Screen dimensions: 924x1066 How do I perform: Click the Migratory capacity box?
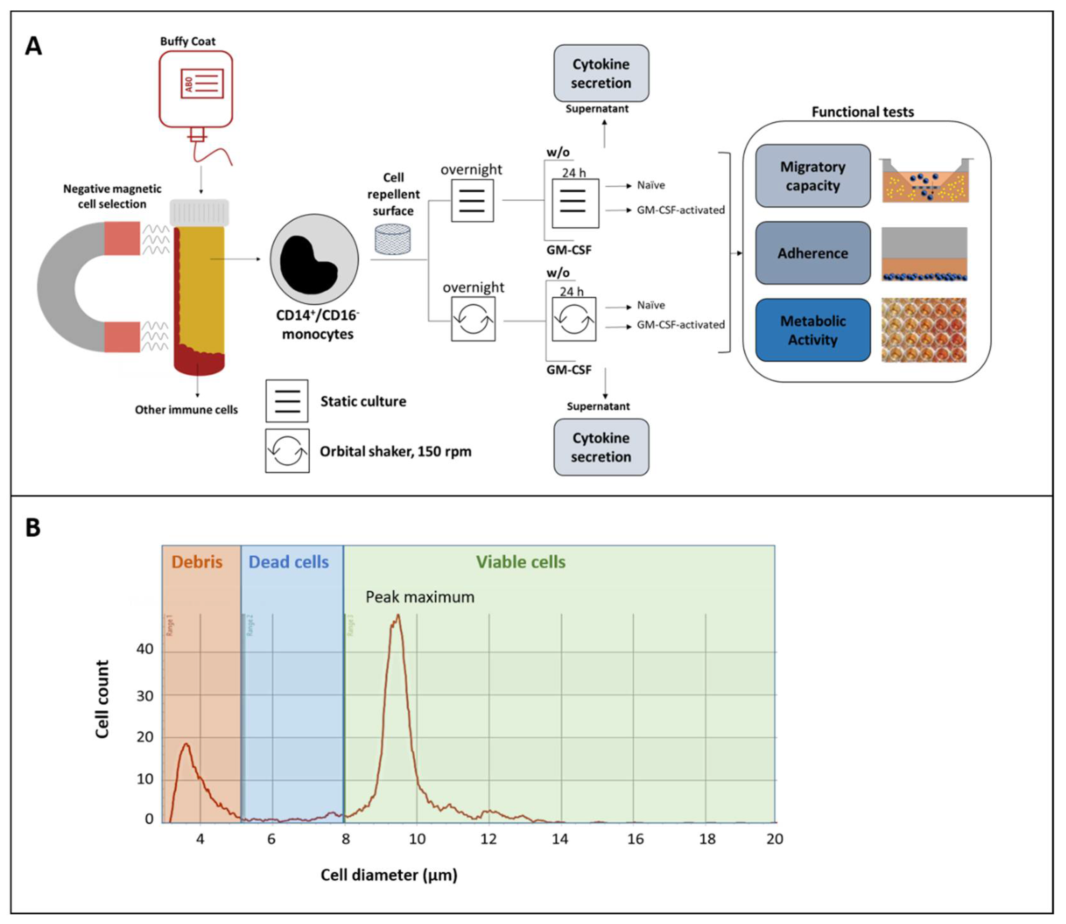[812, 176]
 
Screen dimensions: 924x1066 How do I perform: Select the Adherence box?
[812, 253]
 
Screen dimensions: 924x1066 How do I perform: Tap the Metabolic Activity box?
[812, 330]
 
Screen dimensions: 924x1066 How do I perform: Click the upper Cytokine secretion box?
[601, 73]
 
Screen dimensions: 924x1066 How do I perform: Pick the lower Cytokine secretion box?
[601, 447]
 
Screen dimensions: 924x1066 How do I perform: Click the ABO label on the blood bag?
[189, 84]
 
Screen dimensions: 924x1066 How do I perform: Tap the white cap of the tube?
[199, 212]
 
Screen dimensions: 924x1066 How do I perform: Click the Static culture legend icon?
[287, 401]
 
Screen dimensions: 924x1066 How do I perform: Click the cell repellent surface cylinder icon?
[393, 239]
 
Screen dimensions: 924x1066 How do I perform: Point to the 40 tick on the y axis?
[145, 649]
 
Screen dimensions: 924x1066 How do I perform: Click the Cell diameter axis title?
[389, 875]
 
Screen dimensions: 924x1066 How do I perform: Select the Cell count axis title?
[102, 699]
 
